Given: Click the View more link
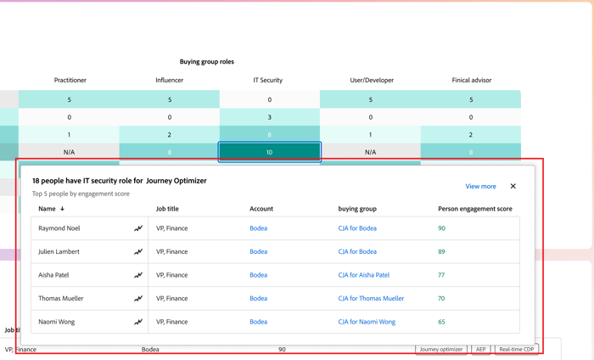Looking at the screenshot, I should [480, 186].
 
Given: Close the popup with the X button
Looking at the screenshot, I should [513, 186].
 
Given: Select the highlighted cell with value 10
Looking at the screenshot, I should [270, 152].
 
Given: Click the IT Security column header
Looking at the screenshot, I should [268, 80].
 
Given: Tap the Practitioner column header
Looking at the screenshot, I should [70, 80].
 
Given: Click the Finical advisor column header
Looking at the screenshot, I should [471, 80].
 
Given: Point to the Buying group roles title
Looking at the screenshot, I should [206, 62].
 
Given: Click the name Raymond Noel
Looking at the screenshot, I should [59, 228].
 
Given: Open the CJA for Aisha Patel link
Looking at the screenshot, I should [363, 275].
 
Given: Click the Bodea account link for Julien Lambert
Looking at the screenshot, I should [258, 251].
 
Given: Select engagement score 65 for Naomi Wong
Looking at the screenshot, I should [441, 322].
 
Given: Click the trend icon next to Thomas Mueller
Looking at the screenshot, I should [137, 299].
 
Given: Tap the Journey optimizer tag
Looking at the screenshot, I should [441, 349].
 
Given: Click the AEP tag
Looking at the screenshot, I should [480, 349].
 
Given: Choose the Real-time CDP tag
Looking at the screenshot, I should [516, 349].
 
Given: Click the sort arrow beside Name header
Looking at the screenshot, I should [62, 209].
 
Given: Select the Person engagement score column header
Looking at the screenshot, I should [474, 209].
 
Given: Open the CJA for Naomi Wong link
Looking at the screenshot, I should [367, 322].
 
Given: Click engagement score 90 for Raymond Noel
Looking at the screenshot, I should [441, 228].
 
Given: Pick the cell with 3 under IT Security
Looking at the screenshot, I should [270, 117].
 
